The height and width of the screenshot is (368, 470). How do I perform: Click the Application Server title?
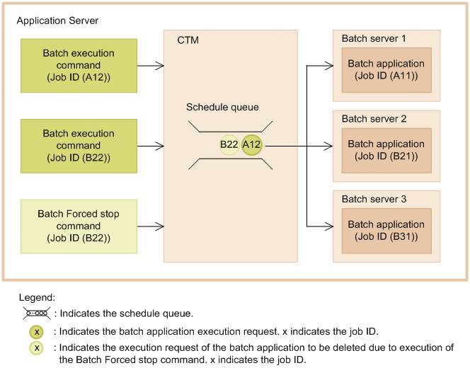coord(57,21)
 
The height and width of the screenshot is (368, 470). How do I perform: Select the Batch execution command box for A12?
coord(79,65)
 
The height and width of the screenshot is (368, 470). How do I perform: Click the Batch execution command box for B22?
coord(79,145)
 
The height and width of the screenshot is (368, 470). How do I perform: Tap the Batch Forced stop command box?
coord(79,226)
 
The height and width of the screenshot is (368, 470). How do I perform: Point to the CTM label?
coord(188,40)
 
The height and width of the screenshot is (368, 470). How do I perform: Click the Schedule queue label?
coord(222,107)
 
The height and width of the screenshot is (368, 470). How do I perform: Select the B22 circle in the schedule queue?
coord(229,145)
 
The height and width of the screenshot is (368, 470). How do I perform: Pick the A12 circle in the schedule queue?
coord(251,145)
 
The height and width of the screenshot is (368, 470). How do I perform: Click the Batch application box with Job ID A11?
coord(386,69)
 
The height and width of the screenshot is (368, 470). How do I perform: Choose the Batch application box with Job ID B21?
coord(386,149)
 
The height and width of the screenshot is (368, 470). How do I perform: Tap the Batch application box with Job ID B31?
coord(386,230)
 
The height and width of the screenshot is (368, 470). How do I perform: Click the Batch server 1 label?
coord(374,38)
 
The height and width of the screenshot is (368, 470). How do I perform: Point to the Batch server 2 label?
coord(374,118)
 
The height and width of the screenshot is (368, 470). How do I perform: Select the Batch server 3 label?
coord(374,199)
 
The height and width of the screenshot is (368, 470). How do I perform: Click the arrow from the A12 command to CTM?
coord(150,66)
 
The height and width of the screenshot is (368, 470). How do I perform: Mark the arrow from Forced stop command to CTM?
coord(150,226)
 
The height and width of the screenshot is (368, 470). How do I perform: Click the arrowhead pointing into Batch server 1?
coord(328,66)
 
